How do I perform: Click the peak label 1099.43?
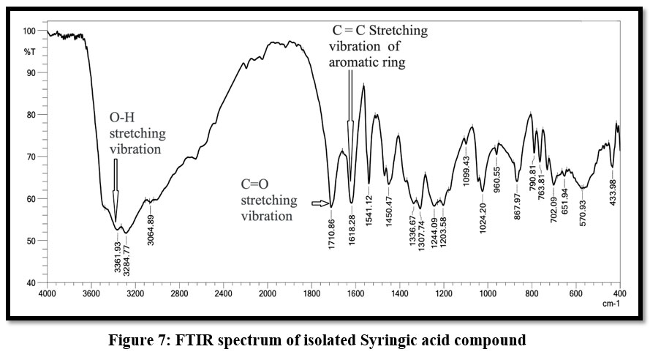(466, 170)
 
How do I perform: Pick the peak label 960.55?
(498, 176)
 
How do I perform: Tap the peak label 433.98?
(613, 190)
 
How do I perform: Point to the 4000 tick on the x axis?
(48, 293)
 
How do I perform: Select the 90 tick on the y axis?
(29, 72)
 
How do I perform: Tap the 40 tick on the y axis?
(29, 282)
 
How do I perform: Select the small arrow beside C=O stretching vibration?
(319, 203)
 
